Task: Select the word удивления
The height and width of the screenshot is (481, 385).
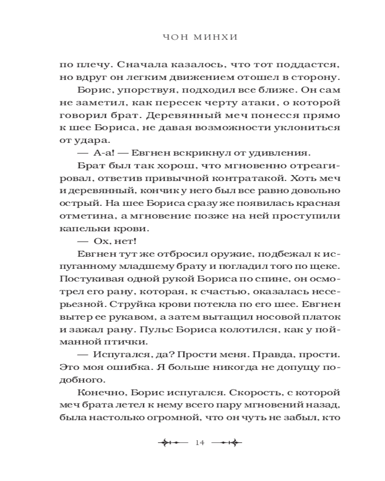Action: coord(282,152)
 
